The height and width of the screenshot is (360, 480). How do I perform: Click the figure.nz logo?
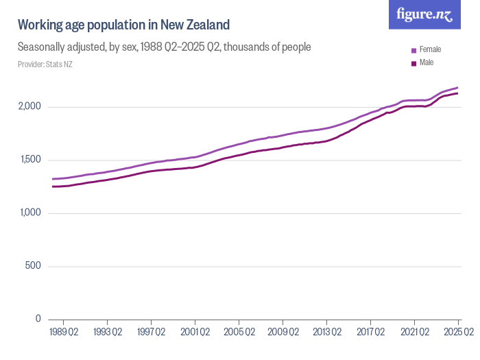coord(424,14)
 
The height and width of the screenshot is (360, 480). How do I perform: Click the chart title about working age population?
coord(123,25)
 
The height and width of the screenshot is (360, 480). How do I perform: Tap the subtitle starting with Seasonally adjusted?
coord(165,47)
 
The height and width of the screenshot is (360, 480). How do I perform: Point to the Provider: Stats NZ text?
coord(45,64)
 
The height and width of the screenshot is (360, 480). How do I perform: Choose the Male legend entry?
coord(426,63)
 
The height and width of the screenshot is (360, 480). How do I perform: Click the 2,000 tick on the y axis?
coord(29,107)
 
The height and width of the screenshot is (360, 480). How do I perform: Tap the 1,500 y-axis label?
coord(29,160)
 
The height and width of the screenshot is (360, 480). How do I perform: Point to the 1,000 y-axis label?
coord(29,213)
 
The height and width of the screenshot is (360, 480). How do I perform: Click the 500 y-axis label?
coord(34,266)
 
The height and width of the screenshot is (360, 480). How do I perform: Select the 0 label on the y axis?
coord(38,319)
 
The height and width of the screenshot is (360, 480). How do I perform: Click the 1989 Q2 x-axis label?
coord(63,332)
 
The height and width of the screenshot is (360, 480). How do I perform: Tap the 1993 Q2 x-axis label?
coord(107,332)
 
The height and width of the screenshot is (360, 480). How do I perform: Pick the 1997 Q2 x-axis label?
coord(151,332)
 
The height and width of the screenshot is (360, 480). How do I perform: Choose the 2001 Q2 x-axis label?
coord(195,332)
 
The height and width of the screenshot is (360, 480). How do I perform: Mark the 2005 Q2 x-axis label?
coord(239,332)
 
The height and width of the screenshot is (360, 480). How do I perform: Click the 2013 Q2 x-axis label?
coord(326,332)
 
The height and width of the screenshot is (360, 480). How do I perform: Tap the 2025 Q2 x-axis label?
coord(458,332)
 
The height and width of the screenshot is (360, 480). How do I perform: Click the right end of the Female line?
coord(458,88)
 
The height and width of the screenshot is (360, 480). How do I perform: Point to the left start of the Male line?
coord(53,187)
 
